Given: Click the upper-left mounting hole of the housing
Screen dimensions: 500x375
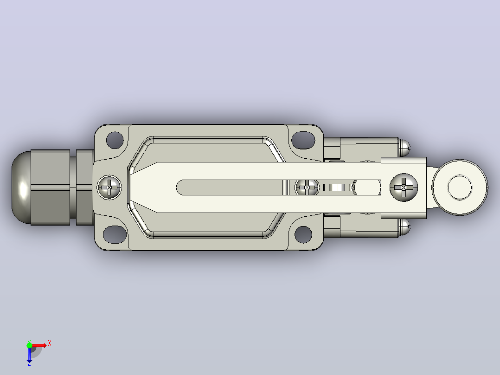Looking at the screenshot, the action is point(115,140).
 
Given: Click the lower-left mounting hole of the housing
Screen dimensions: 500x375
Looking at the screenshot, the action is point(115,234).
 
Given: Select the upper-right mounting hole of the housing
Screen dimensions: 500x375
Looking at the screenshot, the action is point(303,140).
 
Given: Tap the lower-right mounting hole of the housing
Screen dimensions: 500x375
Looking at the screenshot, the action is point(303,234).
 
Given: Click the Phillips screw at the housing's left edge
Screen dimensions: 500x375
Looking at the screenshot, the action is point(109,187).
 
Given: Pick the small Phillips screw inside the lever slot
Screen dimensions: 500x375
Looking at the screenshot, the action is point(307,187).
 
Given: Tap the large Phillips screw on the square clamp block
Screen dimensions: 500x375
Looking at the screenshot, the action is point(404,187).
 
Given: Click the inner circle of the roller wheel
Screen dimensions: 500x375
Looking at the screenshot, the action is point(460,187).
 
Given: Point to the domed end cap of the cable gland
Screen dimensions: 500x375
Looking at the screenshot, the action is point(21,187).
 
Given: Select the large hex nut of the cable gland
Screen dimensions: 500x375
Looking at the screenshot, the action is point(51,187).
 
